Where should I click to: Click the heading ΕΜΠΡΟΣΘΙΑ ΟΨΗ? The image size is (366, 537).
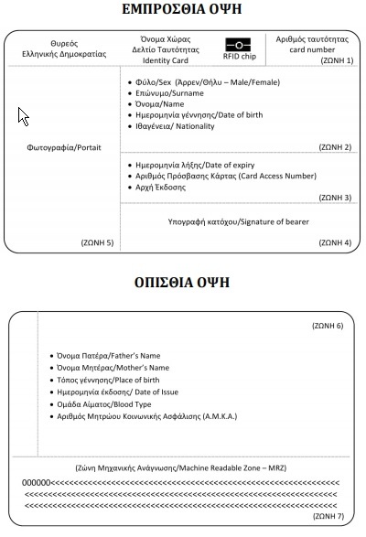pyautogui.click(x=183, y=11)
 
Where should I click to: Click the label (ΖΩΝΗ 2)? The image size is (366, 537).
pyautogui.click(x=333, y=146)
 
